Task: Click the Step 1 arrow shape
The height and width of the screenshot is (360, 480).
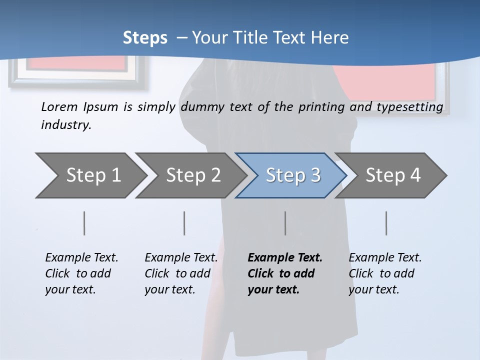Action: [x=90, y=175]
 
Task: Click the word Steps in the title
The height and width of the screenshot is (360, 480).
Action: [x=145, y=37]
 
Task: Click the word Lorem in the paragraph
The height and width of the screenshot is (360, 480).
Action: [x=59, y=106]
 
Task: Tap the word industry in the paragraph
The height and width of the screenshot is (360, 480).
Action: [x=66, y=124]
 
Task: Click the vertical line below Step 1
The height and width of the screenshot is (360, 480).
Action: [x=84, y=223]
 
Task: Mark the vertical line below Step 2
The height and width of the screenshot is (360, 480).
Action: [x=184, y=223]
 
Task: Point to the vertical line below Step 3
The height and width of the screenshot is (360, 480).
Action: [x=285, y=223]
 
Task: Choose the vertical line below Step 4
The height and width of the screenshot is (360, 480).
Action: [x=386, y=223]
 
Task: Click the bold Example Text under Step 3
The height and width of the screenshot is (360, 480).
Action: [x=285, y=258]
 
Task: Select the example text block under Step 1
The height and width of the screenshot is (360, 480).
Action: [x=81, y=273]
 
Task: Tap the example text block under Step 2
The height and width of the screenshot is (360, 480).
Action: [x=181, y=273]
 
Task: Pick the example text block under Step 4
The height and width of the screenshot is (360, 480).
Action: [x=385, y=273]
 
